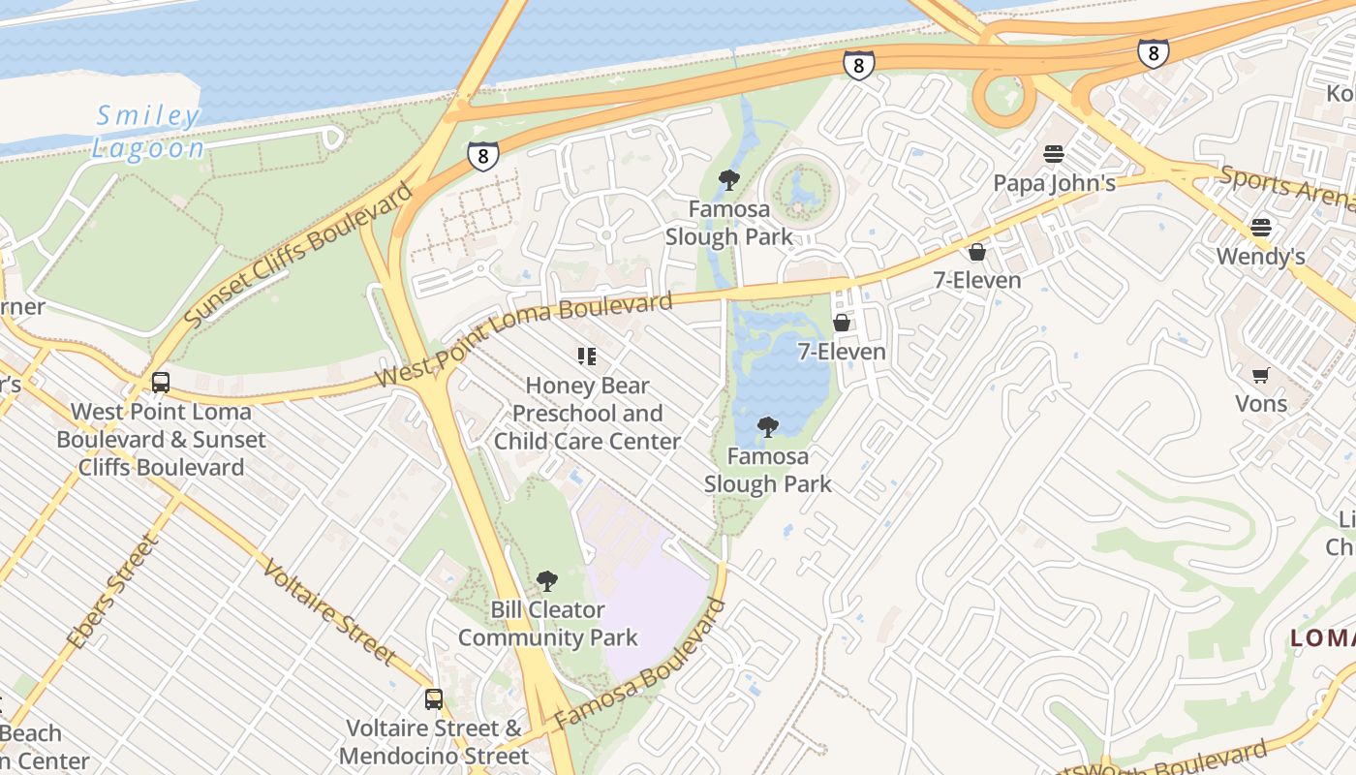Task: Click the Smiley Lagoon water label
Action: click(149, 132)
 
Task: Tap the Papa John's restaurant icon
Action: click(1054, 154)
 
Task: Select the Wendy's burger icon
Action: click(1260, 228)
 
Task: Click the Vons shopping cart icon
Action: click(1260, 375)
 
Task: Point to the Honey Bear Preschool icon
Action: click(586, 356)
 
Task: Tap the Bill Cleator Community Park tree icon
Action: click(547, 581)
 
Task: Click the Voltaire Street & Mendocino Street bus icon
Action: click(434, 698)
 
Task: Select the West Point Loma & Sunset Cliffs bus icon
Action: click(161, 383)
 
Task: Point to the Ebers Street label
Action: click(111, 591)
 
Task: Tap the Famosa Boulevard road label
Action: click(641, 666)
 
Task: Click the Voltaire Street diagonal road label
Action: click(328, 611)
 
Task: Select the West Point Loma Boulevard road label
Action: click(523, 338)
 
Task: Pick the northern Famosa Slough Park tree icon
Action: click(729, 179)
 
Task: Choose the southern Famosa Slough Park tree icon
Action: click(767, 426)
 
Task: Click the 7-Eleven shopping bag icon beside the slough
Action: click(842, 323)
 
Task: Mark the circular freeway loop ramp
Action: click(1004, 97)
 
